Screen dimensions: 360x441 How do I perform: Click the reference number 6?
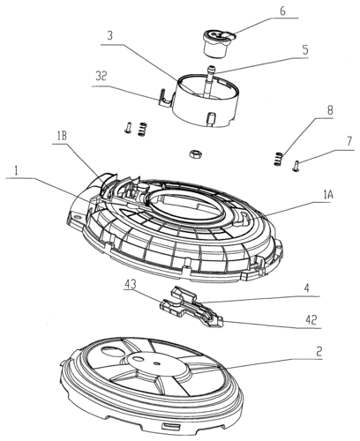tap(282, 11)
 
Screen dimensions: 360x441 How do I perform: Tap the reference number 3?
tap(109, 35)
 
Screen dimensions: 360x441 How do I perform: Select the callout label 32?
tap(101, 77)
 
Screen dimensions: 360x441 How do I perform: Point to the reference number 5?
tap(305, 49)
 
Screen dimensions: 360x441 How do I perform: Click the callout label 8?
tap(330, 110)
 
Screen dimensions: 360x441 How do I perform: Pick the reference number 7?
tap(349, 141)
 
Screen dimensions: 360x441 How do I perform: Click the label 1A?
tap(328, 195)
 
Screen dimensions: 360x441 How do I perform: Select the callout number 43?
tap(131, 284)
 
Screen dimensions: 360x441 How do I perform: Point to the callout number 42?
tap(311, 320)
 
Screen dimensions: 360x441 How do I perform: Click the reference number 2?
tap(319, 351)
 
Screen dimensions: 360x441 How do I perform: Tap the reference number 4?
tap(307, 288)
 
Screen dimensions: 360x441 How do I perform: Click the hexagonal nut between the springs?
tap(193, 153)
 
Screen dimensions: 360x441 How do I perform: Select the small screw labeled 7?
tap(296, 165)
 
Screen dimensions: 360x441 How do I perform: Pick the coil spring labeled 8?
tap(278, 159)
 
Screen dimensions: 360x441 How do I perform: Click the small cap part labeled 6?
tap(219, 42)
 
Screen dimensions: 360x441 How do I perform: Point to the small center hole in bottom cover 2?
tap(157, 363)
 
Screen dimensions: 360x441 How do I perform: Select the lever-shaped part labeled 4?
tap(191, 307)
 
